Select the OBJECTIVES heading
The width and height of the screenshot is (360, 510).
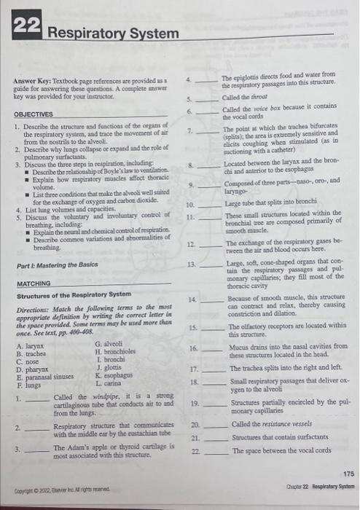click(x=34, y=114)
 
